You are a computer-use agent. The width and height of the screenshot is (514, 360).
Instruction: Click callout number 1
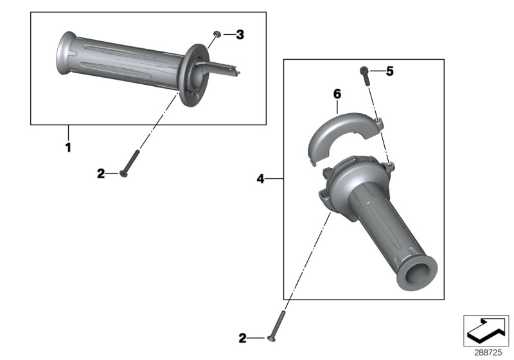[68, 147]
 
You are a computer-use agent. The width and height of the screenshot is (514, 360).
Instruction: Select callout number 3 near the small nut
[240, 35]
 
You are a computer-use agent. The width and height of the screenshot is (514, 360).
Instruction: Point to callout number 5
[389, 72]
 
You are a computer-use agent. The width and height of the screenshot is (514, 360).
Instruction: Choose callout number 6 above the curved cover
[336, 94]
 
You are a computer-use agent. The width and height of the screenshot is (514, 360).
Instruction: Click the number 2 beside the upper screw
[100, 174]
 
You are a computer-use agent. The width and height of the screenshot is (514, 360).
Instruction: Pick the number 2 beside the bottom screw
[242, 337]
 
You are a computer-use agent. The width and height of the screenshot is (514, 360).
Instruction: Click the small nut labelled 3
[218, 33]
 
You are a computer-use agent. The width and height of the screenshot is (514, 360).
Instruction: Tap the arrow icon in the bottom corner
[486, 330]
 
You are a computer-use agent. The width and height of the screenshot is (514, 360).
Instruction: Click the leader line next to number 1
[68, 132]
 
